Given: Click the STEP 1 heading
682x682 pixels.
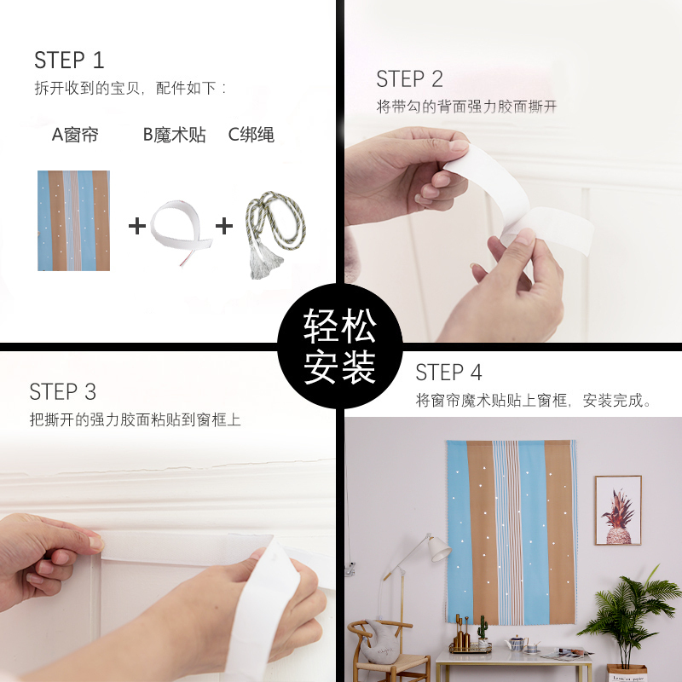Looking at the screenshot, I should [x=69, y=61].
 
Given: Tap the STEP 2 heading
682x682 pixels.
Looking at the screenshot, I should [x=409, y=79].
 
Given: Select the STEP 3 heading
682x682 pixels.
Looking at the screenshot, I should [x=63, y=392].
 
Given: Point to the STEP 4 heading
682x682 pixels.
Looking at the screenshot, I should [x=448, y=373].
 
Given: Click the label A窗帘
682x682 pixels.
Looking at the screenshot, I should [x=75, y=135].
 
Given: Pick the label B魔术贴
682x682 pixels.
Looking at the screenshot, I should [x=174, y=135].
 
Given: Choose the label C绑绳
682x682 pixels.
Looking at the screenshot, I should [x=251, y=135].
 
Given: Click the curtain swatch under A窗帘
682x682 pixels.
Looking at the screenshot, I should [x=73, y=221].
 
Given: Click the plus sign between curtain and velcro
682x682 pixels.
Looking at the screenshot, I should [x=136, y=226].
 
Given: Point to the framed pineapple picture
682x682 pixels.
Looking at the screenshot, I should [x=617, y=511].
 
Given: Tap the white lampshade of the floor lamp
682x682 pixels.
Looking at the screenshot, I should [x=438, y=547].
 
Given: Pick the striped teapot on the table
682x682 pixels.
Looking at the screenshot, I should [x=516, y=644].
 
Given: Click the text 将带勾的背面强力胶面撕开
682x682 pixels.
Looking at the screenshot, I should [x=466, y=107].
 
